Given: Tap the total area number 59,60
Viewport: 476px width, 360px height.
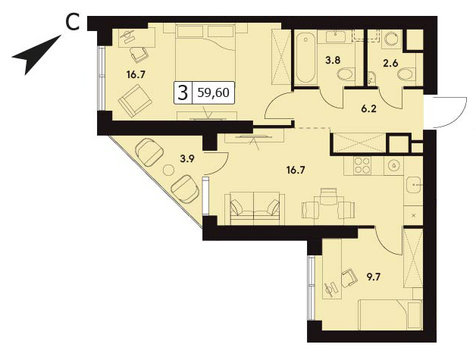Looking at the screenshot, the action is tap(213, 92).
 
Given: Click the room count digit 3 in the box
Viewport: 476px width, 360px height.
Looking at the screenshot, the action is tap(183, 93).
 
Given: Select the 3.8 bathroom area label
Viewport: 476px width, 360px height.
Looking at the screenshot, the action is tap(333, 60).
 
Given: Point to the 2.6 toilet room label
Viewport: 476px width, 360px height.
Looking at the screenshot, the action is tap(392, 64).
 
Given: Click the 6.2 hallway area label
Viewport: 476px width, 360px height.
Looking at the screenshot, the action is tap(369, 108).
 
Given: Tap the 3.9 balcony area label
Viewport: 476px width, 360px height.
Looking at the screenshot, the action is tap(186, 158).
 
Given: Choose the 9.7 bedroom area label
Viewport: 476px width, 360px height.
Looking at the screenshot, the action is tap(374, 277).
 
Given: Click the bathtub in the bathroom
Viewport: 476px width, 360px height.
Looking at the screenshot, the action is tap(305, 58).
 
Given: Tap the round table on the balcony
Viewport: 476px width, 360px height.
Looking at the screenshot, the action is tap(168, 170).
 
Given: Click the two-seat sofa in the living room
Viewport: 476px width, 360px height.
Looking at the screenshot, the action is tap(255, 208).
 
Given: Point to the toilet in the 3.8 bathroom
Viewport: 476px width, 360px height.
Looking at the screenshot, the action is tap(346, 74).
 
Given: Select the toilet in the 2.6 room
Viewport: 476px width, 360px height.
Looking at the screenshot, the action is tap(406, 74).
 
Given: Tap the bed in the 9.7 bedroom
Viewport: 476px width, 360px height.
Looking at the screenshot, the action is tap(390, 315).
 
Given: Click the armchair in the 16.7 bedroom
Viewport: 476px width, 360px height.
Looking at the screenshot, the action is tap(135, 101).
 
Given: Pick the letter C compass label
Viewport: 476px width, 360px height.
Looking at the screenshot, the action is tap(73, 23).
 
